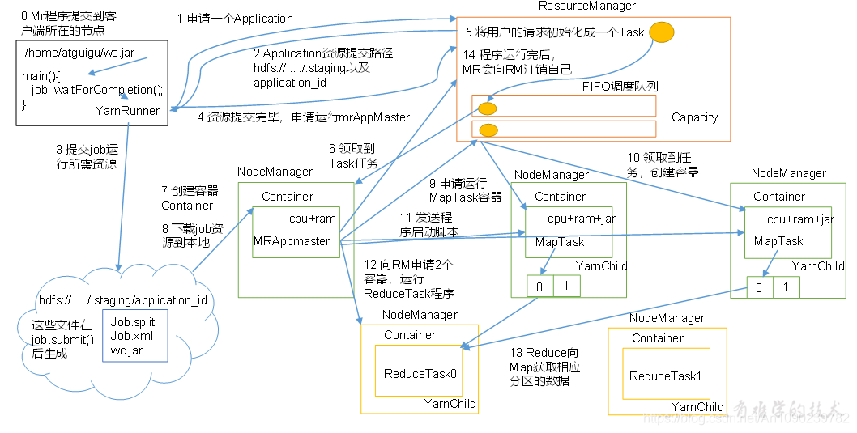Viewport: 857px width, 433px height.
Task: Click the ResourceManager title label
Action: [586, 6]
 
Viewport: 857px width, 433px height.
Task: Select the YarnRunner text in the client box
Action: [127, 110]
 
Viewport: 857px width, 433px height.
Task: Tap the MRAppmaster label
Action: [292, 240]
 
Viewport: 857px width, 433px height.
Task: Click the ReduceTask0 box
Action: [419, 373]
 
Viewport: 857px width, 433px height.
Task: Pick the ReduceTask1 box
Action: [665, 376]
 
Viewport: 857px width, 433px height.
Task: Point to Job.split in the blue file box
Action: [132, 321]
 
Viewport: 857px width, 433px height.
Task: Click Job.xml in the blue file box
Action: [131, 335]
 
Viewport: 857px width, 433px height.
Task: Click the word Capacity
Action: [694, 117]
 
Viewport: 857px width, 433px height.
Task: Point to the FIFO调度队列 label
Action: [620, 86]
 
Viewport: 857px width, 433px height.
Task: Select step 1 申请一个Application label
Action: [235, 18]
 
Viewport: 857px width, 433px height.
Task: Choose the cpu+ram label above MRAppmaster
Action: [312, 219]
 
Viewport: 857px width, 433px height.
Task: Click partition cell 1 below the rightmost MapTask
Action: [785, 287]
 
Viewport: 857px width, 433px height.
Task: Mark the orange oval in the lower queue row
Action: [488, 129]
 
